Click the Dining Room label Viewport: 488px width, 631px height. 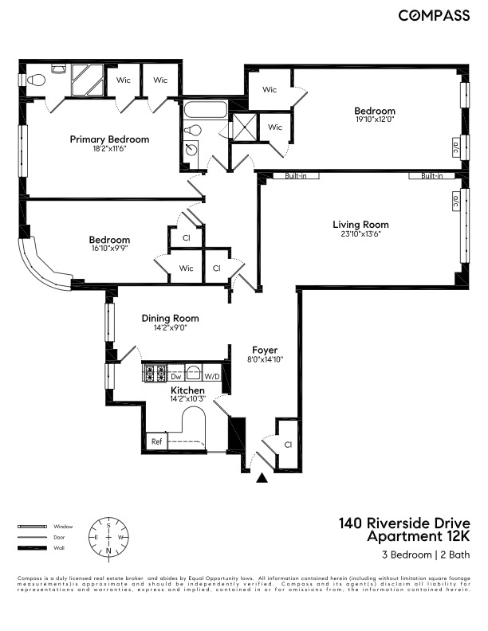click(170, 318)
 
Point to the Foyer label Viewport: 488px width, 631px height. click(264, 350)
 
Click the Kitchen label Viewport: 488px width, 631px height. click(187, 390)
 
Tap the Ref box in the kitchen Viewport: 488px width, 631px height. click(156, 441)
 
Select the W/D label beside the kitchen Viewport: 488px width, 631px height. click(212, 375)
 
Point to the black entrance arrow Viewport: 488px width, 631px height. click(261, 479)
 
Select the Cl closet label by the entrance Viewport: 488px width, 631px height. click(288, 445)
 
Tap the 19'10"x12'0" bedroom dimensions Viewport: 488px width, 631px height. click(375, 120)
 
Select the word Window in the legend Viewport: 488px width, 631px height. click(63, 527)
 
